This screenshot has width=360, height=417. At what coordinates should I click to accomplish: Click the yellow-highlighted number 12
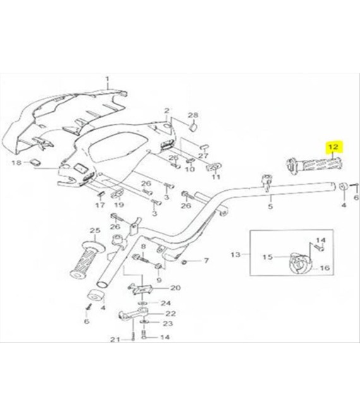coord(333,147)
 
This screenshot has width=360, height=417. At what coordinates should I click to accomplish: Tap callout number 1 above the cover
coord(107,79)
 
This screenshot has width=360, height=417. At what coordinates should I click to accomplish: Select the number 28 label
coord(193,116)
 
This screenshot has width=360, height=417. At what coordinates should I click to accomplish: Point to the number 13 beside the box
coord(236,255)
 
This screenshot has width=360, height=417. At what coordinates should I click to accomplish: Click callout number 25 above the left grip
coord(94,231)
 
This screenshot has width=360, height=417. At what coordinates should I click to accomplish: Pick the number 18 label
coord(16,162)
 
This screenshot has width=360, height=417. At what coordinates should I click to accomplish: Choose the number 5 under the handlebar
coord(270,206)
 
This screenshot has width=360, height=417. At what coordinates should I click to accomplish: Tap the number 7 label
coord(207,260)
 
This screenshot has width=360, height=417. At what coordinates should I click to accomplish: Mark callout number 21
coord(115,340)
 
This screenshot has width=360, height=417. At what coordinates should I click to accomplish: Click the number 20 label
coord(175,287)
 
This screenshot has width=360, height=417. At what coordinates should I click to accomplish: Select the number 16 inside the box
coord(325,268)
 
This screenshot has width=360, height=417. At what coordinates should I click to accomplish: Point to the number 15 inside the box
coord(268,257)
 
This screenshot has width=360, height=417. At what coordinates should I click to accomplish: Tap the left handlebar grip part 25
coord(87,260)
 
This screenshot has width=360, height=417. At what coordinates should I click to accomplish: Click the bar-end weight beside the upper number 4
coord(344,187)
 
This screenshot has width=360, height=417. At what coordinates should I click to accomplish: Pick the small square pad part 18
coord(35,162)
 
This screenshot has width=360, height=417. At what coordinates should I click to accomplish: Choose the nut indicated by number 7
coord(183,263)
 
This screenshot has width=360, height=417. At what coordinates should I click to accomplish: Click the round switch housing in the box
coord(300,264)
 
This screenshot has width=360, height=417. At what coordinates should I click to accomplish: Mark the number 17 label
coord(100,205)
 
